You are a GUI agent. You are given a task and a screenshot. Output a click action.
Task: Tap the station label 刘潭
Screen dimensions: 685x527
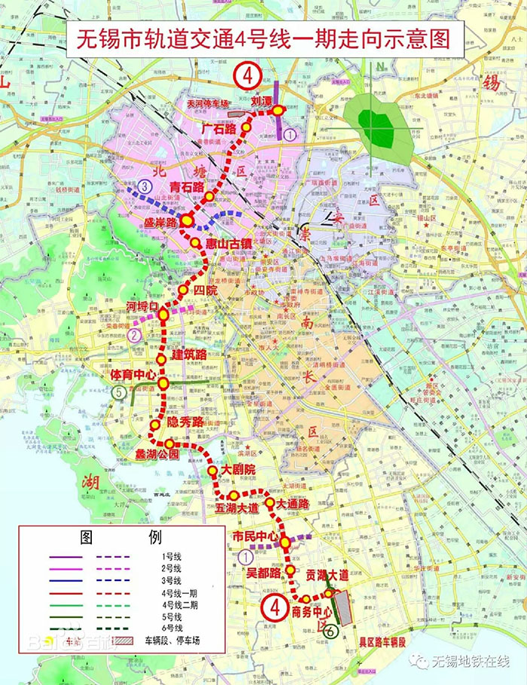[261, 102]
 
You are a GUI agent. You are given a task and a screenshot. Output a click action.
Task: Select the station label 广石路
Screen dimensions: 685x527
[219, 129]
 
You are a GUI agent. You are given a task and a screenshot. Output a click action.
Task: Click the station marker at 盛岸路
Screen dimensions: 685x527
[187, 221]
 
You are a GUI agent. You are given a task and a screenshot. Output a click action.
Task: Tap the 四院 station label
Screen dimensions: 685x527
[205, 290]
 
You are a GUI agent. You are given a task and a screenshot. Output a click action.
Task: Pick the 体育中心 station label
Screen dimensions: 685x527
[133, 374]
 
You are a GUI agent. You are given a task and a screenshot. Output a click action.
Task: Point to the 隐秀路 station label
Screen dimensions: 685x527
[184, 422]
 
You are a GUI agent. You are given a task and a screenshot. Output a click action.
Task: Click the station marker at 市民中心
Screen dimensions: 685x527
[286, 540]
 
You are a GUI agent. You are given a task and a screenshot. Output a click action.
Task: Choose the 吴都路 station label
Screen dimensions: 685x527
[263, 573]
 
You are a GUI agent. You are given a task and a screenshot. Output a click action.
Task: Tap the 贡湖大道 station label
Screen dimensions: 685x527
[327, 575]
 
